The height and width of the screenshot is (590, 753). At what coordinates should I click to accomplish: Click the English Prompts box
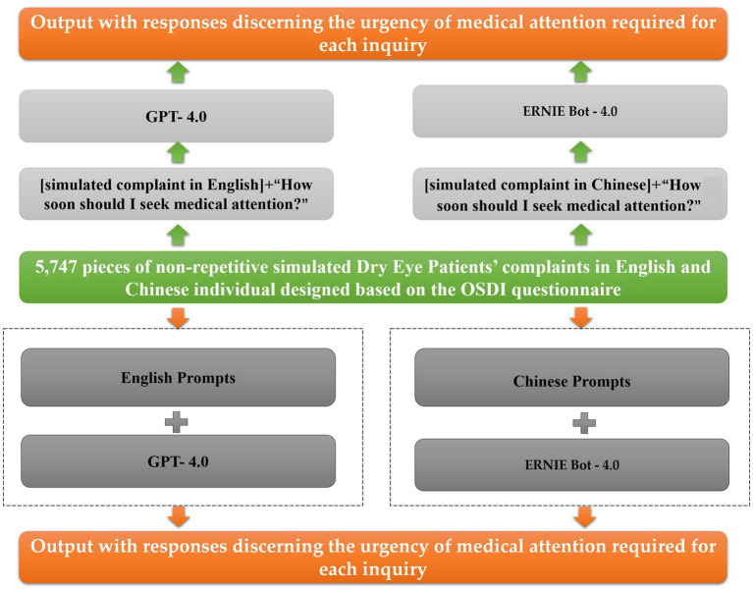pos(178,377)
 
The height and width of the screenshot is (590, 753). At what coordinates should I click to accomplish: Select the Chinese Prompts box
pos(571,377)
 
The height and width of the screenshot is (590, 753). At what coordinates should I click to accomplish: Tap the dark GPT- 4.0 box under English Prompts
pos(178,461)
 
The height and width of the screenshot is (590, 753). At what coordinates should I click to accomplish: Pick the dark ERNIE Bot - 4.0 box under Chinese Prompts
pos(571,464)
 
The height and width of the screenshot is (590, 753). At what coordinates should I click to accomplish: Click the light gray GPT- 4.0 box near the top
pos(177,116)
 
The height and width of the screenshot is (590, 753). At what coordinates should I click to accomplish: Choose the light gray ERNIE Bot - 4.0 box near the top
pos(570,111)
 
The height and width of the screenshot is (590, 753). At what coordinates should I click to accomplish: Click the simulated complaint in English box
pos(177,194)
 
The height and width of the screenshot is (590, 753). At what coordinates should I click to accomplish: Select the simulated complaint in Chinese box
pos(570,194)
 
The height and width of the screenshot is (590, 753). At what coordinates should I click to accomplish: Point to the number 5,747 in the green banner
pos(56,267)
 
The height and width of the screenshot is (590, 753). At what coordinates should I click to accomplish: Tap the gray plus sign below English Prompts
pos(177,422)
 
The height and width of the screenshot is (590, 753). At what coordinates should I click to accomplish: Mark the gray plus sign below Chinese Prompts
pos(584,423)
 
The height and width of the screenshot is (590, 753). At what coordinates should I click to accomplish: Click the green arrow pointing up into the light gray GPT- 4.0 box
pos(178,153)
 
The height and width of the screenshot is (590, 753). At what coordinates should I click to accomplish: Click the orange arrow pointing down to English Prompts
pos(178,317)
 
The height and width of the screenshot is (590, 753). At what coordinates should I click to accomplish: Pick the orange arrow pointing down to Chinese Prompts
pos(581,317)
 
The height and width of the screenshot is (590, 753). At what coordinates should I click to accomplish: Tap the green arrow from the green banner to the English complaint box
pos(178,236)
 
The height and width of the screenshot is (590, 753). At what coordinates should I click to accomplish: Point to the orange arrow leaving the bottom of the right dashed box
pos(584,516)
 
